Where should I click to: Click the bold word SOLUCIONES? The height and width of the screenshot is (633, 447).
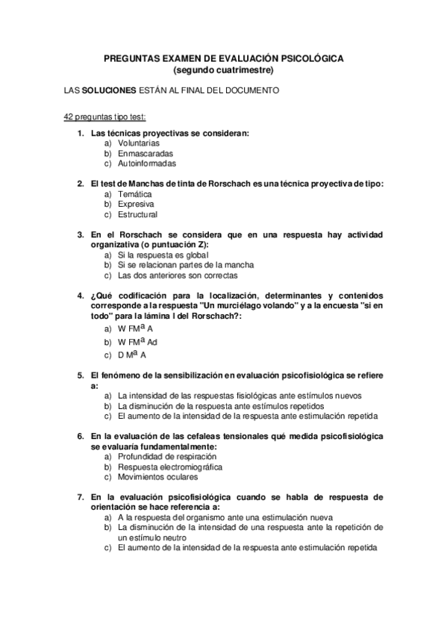click(x=109, y=91)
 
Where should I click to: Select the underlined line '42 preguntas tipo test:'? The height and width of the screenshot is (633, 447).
click(x=104, y=118)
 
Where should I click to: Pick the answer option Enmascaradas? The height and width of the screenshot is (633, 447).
click(x=146, y=153)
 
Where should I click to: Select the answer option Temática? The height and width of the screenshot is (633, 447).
click(x=134, y=194)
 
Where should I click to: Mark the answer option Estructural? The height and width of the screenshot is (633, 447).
click(x=137, y=215)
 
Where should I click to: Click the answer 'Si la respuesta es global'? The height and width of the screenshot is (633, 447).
click(x=157, y=255)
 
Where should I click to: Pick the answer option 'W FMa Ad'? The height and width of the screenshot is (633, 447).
click(x=137, y=342)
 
